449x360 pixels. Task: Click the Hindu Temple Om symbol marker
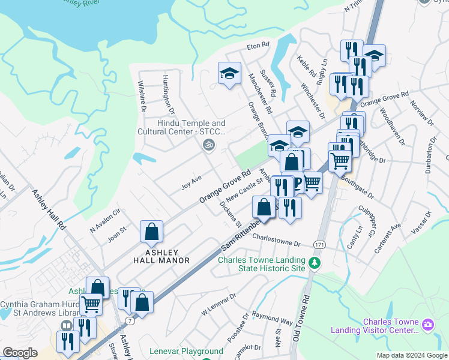[x=208, y=145]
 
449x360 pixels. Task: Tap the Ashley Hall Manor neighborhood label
[x=161, y=256]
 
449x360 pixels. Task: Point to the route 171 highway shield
[x=319, y=245]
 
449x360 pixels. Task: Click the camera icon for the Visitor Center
[x=428, y=325]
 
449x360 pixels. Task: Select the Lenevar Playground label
[x=186, y=351]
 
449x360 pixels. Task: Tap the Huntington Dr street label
[x=168, y=95]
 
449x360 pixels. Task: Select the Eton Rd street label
[x=259, y=46]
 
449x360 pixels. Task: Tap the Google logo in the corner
[x=20, y=352]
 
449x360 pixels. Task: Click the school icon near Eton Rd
[x=229, y=74]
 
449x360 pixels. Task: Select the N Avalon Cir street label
[x=106, y=220]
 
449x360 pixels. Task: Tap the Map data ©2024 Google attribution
[x=412, y=355]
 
